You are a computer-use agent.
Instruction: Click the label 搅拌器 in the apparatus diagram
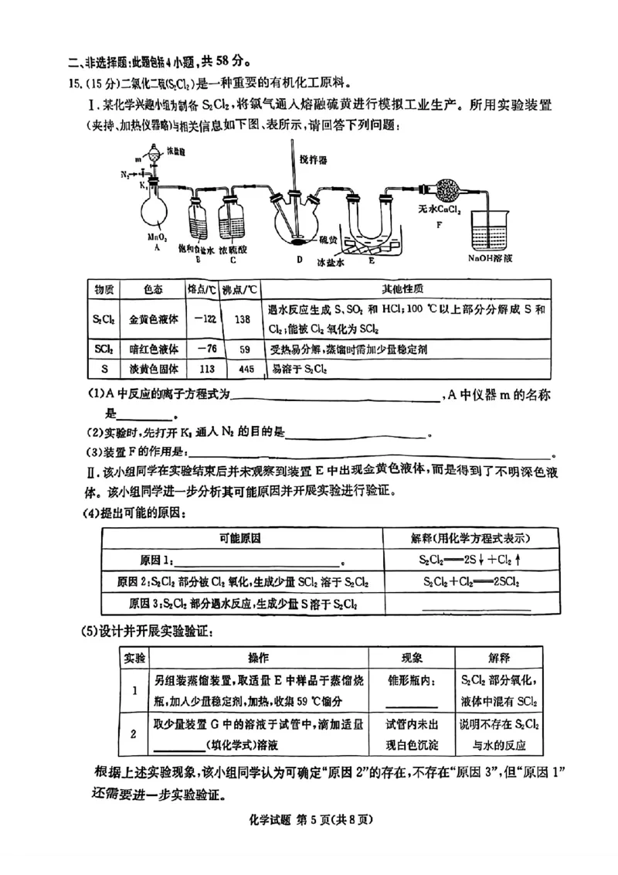pos(313,159)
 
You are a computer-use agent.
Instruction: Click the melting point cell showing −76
pos(203,349)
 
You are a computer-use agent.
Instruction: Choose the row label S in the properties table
pos(103,369)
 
